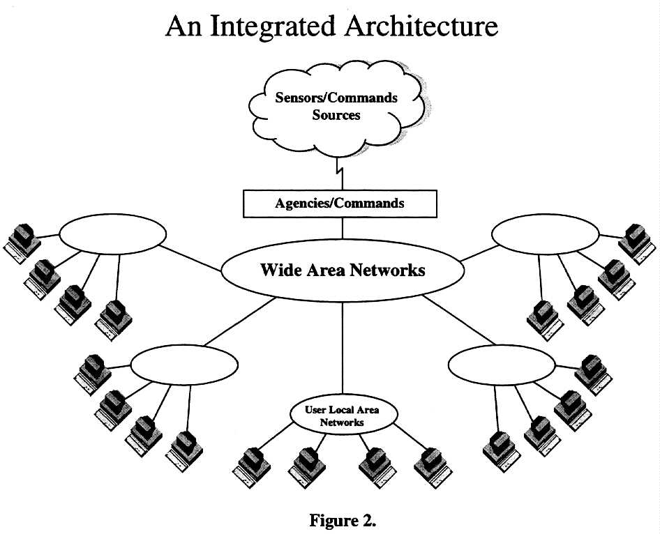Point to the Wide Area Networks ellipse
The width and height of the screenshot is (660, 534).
[342, 270]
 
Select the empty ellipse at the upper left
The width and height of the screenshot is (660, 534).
[112, 236]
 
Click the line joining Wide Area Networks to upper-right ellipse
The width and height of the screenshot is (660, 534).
[476, 252]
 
